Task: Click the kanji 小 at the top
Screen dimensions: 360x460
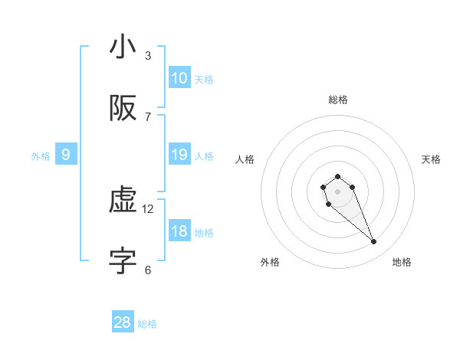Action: (123, 48)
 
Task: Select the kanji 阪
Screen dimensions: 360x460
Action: (123, 110)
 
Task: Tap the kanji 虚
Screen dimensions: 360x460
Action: (123, 201)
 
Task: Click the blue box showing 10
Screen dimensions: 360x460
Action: (179, 78)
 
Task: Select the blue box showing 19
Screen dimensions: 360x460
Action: (179, 155)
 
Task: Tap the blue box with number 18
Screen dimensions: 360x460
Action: (179, 232)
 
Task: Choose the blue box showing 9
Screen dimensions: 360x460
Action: (66, 155)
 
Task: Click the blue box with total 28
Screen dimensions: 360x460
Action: (123, 322)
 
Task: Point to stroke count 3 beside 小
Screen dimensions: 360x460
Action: (148, 55)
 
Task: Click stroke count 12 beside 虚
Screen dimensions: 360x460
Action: (149, 208)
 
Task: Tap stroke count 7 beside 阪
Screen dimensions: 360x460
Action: (148, 116)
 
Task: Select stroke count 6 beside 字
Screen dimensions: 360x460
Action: (148, 270)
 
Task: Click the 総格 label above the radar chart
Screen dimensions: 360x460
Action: (338, 100)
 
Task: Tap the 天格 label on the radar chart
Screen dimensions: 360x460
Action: (431, 159)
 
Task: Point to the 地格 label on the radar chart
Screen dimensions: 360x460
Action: (402, 262)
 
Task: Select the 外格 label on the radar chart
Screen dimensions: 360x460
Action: (270, 262)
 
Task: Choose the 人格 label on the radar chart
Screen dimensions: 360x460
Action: (245, 159)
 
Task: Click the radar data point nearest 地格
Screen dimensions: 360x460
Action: (374, 242)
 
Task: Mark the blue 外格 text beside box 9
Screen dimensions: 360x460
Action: (41, 155)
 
